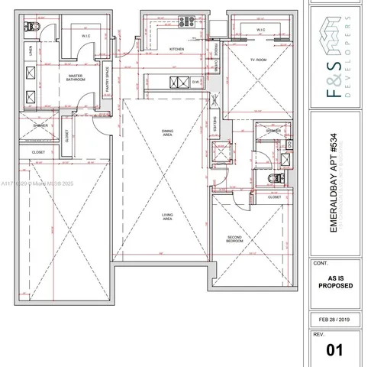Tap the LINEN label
[x=29, y=51]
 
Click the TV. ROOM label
[x=256, y=59]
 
